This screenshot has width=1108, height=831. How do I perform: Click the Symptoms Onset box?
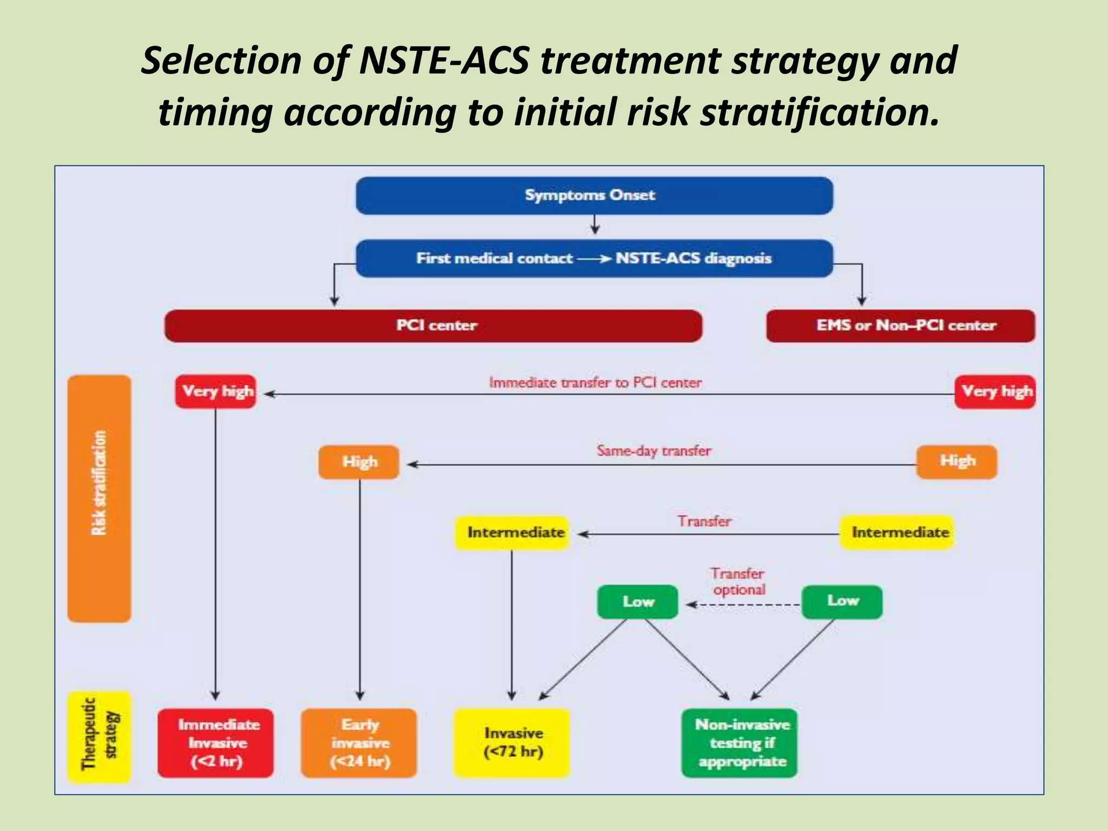[x=594, y=195]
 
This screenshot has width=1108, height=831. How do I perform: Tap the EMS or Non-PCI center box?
[x=900, y=326]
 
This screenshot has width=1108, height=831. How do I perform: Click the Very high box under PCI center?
[x=216, y=391]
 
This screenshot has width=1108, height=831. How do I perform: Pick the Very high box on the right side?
[x=994, y=391]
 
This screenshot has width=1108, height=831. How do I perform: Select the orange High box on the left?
[x=359, y=462]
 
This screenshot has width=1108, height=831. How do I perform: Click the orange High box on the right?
[x=956, y=461]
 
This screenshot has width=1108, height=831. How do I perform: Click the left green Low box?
[x=637, y=602]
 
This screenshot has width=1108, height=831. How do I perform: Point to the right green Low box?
[x=841, y=601]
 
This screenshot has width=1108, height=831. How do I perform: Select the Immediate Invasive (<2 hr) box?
[x=216, y=743]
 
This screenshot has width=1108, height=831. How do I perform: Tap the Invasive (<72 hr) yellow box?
[x=512, y=743]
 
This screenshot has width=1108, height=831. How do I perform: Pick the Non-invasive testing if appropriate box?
[x=739, y=743]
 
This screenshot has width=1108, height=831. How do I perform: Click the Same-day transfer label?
[x=654, y=451]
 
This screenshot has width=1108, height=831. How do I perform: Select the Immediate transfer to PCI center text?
[x=595, y=382]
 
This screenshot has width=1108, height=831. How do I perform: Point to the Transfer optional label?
[x=738, y=582]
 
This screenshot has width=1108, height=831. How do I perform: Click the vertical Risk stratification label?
[x=99, y=483]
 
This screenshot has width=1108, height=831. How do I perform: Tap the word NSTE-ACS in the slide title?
[x=444, y=60]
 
